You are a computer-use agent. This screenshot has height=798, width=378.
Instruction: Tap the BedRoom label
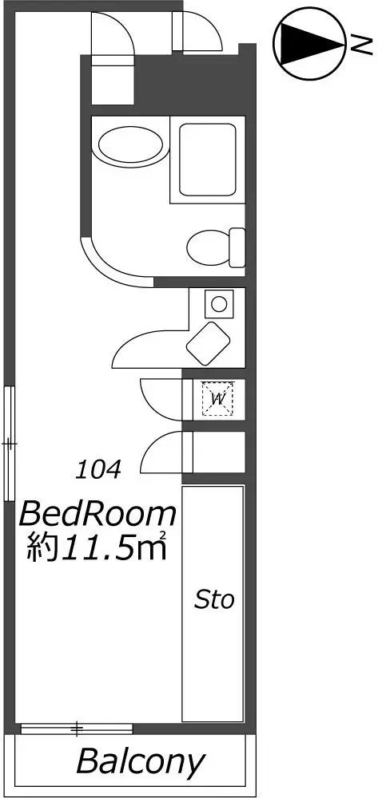pos(97,515)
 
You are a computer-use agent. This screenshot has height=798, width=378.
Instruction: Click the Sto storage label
pos(214,601)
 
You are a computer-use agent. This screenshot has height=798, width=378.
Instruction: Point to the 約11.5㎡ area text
pos(97,547)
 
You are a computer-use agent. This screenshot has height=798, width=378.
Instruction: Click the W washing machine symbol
pos(218,399)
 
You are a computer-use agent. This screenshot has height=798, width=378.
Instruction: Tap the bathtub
pos(207,160)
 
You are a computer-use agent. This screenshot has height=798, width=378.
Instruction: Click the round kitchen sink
pos(219,304)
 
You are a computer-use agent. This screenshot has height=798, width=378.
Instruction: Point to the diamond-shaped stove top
pos(208,343)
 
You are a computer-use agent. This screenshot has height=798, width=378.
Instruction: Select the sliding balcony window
pos(77,729)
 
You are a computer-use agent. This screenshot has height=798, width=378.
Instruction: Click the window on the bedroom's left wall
pos(10,444)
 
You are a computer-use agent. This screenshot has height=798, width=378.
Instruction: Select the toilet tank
pos(237,248)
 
